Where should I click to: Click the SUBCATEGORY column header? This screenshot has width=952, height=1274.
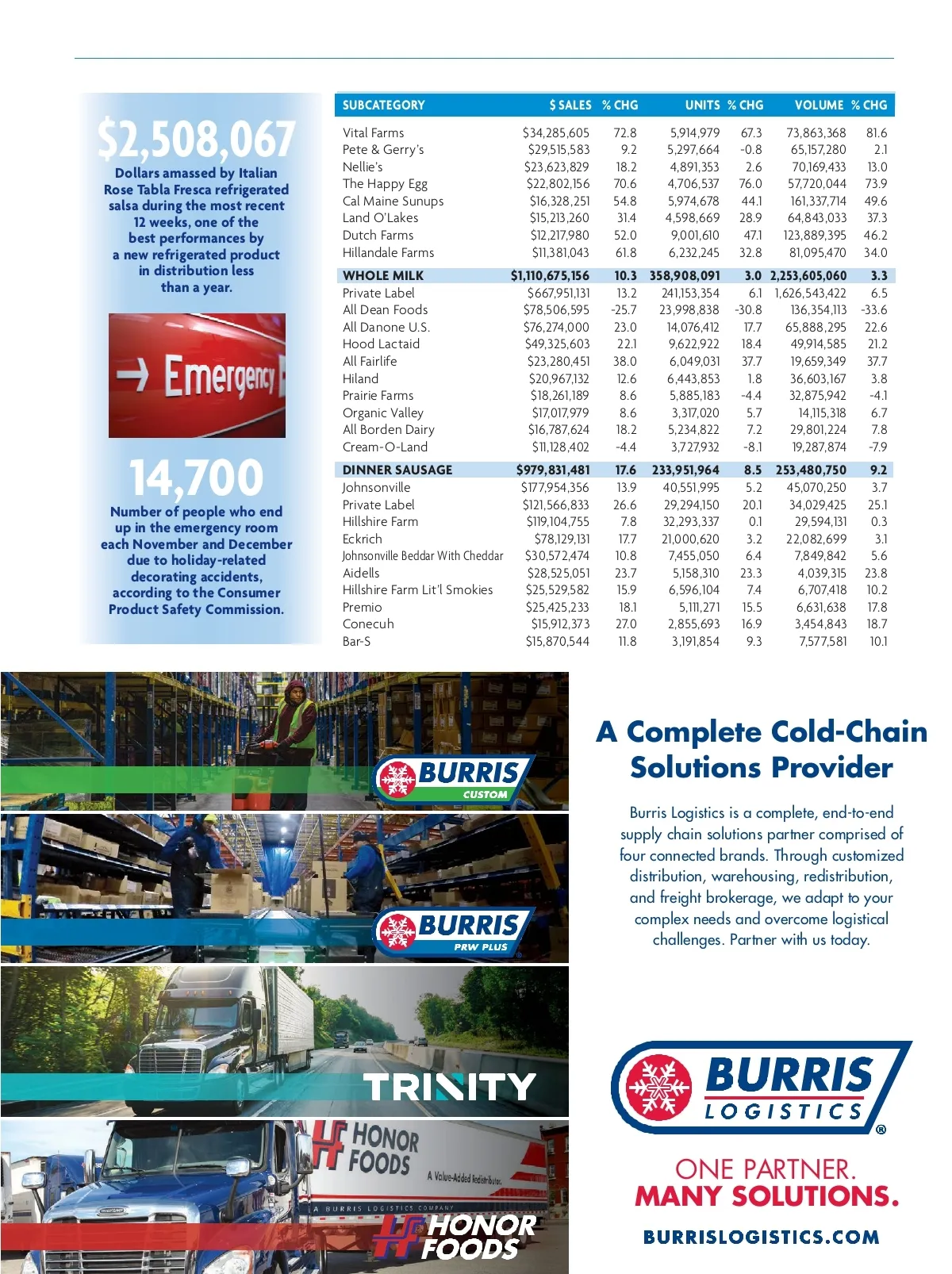[383, 105]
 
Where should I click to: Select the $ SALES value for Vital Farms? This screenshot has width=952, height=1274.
[555, 132]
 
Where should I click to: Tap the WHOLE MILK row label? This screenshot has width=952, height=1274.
[383, 275]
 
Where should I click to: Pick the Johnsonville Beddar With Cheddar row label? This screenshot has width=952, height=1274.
[423, 555]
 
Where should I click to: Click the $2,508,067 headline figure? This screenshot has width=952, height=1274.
[197, 139]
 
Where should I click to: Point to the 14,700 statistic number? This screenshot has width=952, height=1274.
[196, 478]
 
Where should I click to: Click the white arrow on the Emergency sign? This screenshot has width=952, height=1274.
[132, 374]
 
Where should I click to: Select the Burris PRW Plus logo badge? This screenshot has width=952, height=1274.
[452, 931]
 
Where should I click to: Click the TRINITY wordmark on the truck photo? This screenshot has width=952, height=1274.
[450, 1087]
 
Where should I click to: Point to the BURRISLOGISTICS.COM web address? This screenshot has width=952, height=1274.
[761, 1237]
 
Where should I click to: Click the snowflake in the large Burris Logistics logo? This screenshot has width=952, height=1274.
[658, 1086]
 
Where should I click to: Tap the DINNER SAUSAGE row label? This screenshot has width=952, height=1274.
[397, 470]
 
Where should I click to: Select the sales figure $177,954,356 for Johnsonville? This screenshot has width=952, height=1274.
[555, 487]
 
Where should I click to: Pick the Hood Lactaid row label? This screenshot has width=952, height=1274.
[381, 343]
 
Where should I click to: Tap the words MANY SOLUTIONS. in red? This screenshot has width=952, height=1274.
[766, 1195]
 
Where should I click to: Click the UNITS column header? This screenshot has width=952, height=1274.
[702, 105]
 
